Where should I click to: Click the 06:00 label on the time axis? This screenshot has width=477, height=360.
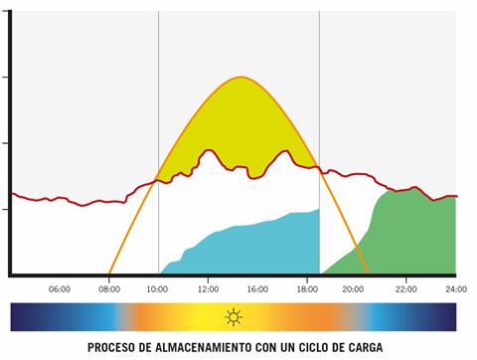(59, 289)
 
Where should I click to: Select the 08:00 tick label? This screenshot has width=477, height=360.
(109, 289)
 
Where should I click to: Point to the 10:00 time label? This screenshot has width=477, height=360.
(159, 289)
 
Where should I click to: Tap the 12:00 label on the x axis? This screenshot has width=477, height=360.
(208, 289)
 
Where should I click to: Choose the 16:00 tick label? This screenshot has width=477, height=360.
(257, 289)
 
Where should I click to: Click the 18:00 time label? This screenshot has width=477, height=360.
(306, 289)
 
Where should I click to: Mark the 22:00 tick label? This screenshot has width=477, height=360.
(405, 289)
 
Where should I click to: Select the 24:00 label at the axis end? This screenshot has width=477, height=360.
(455, 289)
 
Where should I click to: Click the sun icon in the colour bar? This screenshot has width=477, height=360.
(233, 317)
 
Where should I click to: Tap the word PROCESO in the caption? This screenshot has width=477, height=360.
(113, 348)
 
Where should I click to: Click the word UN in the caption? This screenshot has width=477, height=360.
(300, 348)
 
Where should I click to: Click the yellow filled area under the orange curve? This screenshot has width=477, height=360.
(238, 124)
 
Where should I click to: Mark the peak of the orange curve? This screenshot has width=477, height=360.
(239, 78)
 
